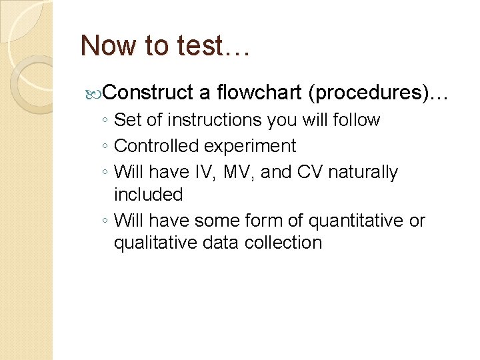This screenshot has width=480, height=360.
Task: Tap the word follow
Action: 358,121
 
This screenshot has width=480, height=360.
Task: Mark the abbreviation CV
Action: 308,172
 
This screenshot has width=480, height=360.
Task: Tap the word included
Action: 148,195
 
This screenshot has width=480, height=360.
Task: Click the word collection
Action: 286,243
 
